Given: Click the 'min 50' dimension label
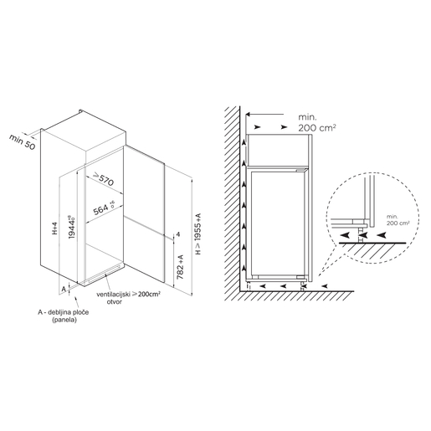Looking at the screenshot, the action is [23, 141].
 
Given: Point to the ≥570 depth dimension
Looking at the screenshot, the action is [103, 179].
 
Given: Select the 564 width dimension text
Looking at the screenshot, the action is [104, 208].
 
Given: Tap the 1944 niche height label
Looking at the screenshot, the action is [72, 227].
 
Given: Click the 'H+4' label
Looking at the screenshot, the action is [54, 228].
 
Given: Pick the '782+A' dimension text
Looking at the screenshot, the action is [180, 267].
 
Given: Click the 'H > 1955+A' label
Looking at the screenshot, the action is [198, 233].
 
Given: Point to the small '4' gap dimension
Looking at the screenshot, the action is [178, 234].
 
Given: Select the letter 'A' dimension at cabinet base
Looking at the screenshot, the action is [64, 289].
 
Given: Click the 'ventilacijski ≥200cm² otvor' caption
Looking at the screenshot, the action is [128, 298].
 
